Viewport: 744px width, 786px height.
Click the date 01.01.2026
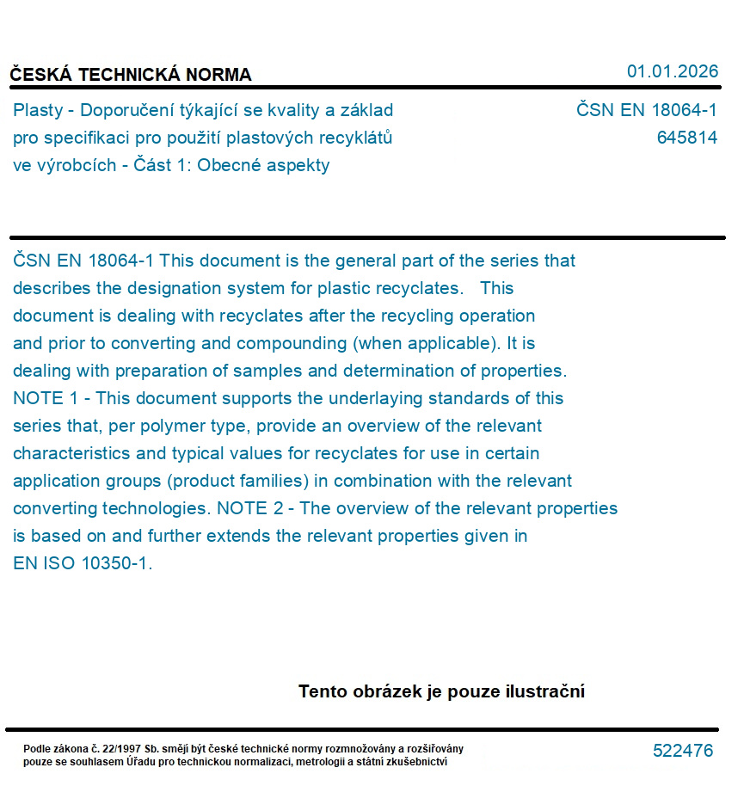(672, 71)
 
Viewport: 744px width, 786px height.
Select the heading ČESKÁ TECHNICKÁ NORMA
(131, 75)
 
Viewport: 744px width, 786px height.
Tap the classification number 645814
(686, 138)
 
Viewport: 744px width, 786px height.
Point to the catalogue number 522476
(683, 751)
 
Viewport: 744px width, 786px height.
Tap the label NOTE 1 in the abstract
(43, 398)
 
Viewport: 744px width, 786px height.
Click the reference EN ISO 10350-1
(83, 564)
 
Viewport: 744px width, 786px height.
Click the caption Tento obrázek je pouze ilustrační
(441, 691)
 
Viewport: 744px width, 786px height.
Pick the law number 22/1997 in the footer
(126, 749)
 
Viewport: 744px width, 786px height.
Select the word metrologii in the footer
(330, 761)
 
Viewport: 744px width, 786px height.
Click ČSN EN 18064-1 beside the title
(646, 110)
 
